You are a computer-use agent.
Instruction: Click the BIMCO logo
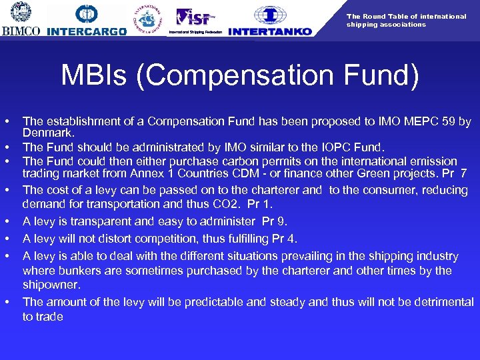click(x=21, y=19)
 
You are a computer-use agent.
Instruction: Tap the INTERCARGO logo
click(x=87, y=21)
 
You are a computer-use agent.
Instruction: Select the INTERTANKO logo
click(x=269, y=21)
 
